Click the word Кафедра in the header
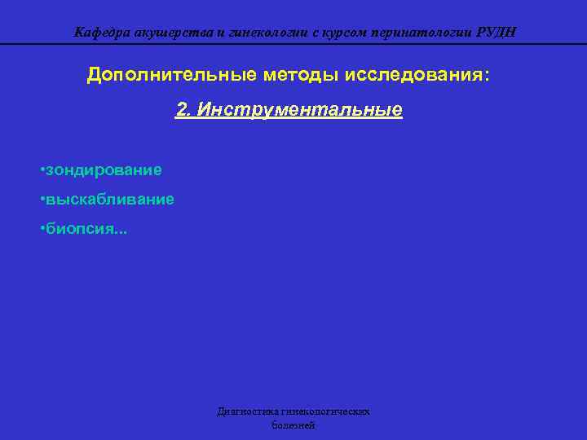click(100, 33)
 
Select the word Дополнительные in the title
click(172, 75)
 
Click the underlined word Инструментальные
click(298, 109)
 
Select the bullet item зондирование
click(104, 170)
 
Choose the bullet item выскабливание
click(109, 200)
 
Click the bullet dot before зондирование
click(42, 170)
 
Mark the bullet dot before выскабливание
click(42, 200)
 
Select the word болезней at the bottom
click(293, 425)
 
